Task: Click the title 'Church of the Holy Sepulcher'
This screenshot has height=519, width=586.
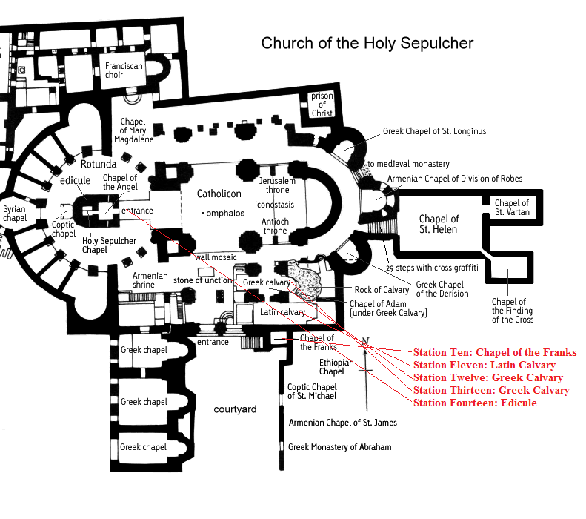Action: click(x=367, y=43)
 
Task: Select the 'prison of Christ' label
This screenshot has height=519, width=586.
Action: click(x=322, y=105)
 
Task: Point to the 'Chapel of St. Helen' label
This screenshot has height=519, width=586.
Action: click(x=439, y=224)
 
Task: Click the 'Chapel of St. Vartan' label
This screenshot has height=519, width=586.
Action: click(x=512, y=208)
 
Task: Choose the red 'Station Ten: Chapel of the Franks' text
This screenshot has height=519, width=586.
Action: click(x=494, y=352)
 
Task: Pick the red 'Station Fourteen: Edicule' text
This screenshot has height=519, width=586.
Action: click(x=475, y=403)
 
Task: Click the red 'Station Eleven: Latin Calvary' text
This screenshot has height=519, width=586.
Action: click(x=484, y=365)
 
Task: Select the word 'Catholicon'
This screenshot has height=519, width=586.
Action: click(x=219, y=194)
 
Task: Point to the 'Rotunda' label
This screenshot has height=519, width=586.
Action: click(x=99, y=164)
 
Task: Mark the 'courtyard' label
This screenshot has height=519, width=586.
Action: click(x=235, y=409)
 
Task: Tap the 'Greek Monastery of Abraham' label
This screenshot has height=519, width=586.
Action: click(x=339, y=447)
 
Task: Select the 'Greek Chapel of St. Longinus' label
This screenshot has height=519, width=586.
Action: click(x=434, y=132)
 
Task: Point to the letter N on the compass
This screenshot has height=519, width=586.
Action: click(x=364, y=341)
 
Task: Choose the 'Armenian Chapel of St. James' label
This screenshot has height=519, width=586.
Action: click(x=342, y=423)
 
